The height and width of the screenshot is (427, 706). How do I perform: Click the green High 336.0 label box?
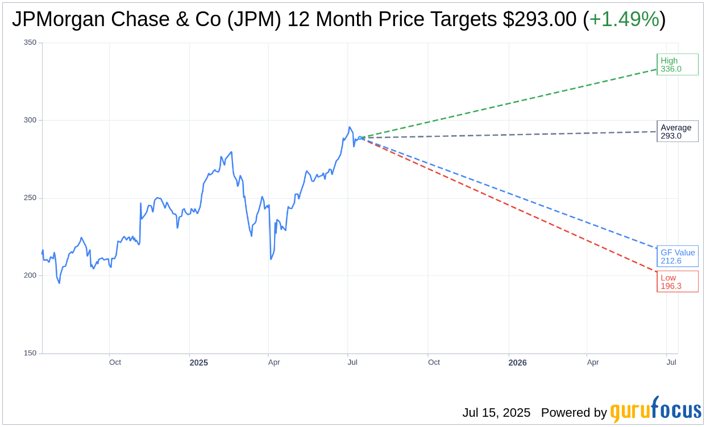point(677,65)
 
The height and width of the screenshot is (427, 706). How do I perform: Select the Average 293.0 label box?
point(677,132)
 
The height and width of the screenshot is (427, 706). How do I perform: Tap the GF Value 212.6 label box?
point(677,257)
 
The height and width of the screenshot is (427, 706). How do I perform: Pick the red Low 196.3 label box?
point(677,282)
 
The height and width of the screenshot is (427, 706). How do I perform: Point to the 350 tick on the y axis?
point(30,43)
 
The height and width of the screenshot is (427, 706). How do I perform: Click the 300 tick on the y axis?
point(30,120)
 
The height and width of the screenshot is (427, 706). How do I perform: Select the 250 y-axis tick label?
point(30,198)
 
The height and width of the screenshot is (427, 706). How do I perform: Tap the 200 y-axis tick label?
point(30,275)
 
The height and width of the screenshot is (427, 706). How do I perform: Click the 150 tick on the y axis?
point(30,353)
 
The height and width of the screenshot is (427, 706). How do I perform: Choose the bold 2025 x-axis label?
point(198,363)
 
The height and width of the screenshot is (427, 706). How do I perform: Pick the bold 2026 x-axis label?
point(517,363)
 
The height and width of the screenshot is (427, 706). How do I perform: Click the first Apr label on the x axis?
point(274,362)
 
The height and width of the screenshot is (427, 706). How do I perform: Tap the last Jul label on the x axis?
point(671,362)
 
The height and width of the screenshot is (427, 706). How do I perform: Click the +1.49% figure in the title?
point(624,20)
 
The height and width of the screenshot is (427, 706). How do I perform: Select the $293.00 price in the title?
point(539,20)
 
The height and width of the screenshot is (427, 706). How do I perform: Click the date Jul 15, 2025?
point(496,413)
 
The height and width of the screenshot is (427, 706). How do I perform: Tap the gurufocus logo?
point(655,410)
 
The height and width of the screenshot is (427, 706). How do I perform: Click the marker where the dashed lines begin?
point(360,137)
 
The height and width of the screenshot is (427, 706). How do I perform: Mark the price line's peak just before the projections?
point(350,127)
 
